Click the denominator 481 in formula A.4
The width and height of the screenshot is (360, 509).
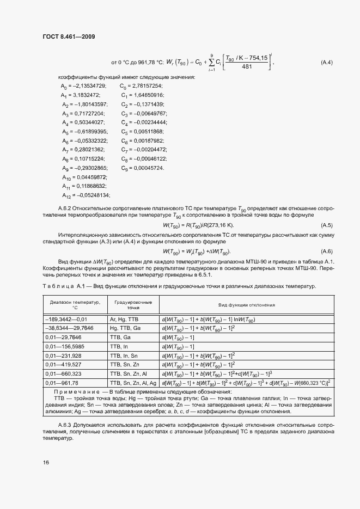tap(246, 67)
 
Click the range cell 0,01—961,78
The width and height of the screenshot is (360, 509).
tap(63, 383)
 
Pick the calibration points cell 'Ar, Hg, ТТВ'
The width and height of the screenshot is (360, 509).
tap(125, 320)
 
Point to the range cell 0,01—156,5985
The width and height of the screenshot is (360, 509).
tap(64, 346)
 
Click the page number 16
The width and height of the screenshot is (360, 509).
tap(46, 462)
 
